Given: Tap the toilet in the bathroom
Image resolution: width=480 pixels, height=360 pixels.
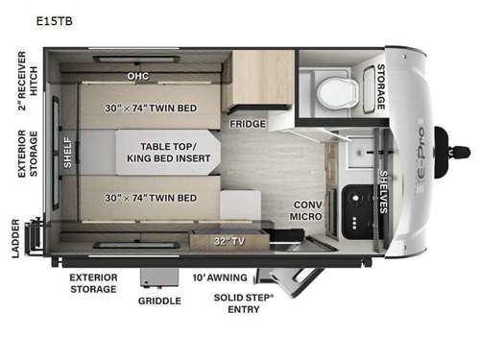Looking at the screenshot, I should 335,93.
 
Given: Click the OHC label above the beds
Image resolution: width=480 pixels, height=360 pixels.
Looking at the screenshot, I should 140,74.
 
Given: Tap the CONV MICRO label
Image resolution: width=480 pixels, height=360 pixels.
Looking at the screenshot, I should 308,210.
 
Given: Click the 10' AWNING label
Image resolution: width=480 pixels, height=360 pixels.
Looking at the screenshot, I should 220,277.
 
